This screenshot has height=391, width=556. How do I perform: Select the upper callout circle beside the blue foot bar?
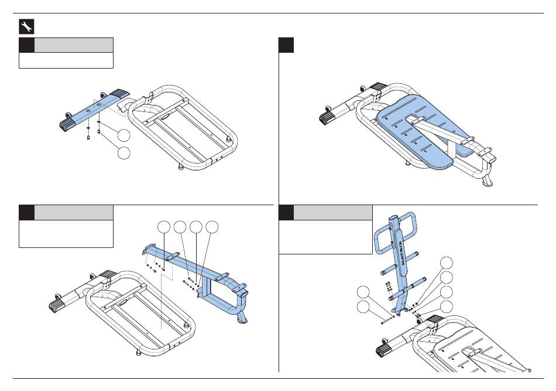pos(123,135)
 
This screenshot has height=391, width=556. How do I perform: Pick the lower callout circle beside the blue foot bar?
pos(123,154)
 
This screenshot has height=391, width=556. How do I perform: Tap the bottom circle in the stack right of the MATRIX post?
pos(447,306)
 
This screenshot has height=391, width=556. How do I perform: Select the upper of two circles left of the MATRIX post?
pos(364,291)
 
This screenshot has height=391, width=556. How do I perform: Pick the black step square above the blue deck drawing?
pos(286,46)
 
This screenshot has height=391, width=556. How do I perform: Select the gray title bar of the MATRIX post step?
pos(332,212)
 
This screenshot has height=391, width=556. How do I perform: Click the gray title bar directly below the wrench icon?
pos(73,45)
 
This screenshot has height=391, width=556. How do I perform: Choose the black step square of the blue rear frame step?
pos(26,212)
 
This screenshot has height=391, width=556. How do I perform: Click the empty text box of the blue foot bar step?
pos(66,61)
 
